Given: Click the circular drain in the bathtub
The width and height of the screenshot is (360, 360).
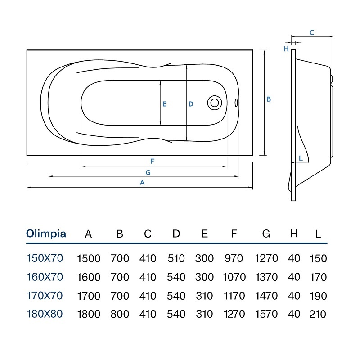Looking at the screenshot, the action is [215, 103].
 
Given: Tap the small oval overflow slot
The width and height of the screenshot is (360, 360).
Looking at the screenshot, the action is [236, 103].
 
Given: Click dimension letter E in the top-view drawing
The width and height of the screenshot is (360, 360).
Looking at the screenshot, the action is [164, 104].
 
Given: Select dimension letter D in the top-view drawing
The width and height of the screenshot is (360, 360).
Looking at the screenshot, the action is [191, 104].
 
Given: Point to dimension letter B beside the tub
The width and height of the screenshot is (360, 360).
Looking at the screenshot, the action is [269, 99].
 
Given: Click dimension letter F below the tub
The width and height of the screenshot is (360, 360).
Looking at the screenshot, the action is [152, 162].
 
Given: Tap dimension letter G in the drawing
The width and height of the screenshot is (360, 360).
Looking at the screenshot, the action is [148, 172].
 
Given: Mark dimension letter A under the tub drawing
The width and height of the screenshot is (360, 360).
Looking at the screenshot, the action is [142, 183].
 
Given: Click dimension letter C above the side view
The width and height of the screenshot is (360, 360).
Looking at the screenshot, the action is [311, 32].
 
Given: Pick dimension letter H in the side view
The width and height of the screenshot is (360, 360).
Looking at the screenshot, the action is [286, 49].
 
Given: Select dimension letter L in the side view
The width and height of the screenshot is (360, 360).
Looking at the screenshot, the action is [301, 158].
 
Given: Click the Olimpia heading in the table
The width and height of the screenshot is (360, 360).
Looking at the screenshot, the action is [46, 234].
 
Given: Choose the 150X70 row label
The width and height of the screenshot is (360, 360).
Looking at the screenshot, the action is [45, 258].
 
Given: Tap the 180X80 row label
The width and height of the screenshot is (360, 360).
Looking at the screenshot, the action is [45, 314].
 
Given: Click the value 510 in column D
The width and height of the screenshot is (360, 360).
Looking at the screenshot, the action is [176, 258].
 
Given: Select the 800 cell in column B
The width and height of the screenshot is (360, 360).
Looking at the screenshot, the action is [120, 314].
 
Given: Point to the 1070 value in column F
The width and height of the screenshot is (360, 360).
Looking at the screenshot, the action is [234, 277].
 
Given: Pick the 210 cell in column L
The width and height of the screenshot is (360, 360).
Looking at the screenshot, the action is [318, 314].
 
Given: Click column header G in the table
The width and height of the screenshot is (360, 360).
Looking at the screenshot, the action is [266, 234].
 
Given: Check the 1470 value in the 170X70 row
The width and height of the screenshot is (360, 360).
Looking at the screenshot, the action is [266, 296].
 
